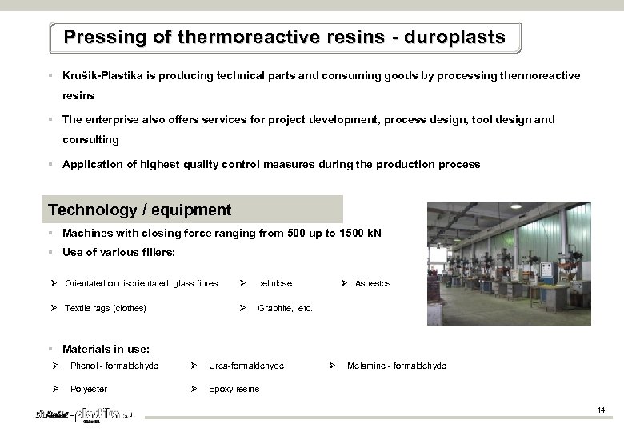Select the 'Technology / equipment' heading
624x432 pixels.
(139, 210)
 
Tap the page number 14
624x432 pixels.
(601, 410)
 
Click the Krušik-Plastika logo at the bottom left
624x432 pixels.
(85, 416)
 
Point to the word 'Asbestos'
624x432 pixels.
(373, 284)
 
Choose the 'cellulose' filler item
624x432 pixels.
(274, 284)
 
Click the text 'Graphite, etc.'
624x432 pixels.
(285, 308)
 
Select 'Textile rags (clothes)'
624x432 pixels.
(105, 308)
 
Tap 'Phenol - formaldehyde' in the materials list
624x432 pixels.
(114, 366)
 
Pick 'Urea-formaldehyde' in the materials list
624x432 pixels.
(246, 366)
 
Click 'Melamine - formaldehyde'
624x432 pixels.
(397, 366)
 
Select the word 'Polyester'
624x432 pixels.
(89, 390)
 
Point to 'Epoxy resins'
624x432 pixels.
(234, 390)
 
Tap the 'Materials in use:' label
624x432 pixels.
(106, 349)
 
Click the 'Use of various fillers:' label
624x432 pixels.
(118, 253)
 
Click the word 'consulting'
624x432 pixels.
(90, 140)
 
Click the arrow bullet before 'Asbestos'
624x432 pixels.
(344, 284)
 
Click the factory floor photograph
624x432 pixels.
(509, 263)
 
